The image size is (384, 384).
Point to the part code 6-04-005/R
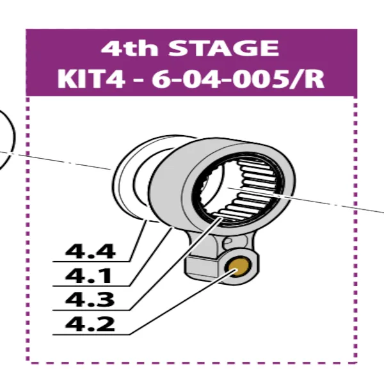click(242, 79)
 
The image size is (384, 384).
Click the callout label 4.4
click(90, 251)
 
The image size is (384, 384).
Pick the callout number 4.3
click(90, 300)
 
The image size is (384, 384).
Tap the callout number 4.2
click(90, 324)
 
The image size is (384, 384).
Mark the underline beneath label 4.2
click(96, 335)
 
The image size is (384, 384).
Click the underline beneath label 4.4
click(96, 262)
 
